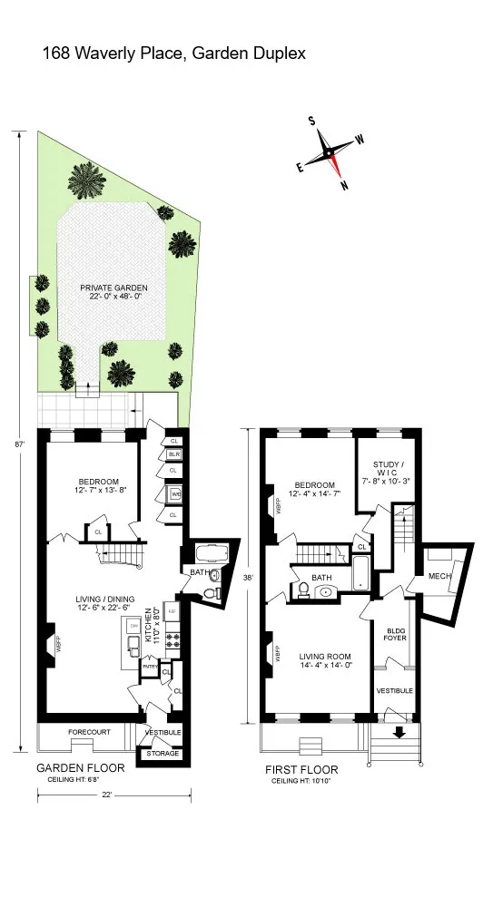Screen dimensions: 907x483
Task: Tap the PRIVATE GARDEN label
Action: tap(118, 288)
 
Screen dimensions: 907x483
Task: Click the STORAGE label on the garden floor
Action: tap(163, 754)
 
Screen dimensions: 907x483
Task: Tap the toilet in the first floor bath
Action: tap(302, 590)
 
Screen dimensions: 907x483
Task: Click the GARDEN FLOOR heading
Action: tap(80, 767)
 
